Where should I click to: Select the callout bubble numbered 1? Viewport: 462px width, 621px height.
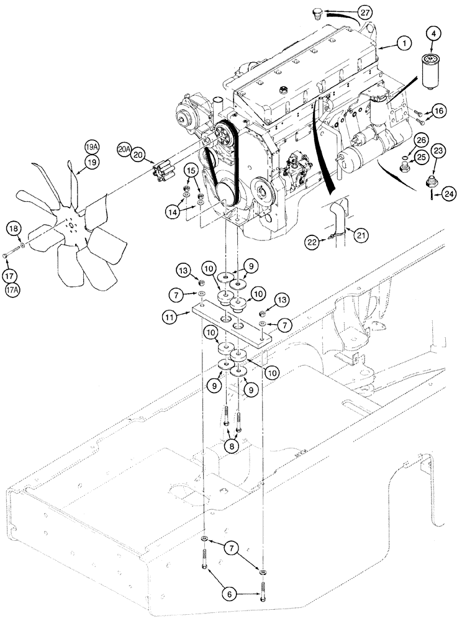coord(404,43)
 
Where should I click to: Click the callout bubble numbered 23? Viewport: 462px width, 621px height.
coord(438,150)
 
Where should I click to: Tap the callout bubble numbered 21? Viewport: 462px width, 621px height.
coord(355,233)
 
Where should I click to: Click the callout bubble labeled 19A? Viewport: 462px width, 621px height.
coord(92,147)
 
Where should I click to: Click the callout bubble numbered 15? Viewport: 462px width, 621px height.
coord(191,169)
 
